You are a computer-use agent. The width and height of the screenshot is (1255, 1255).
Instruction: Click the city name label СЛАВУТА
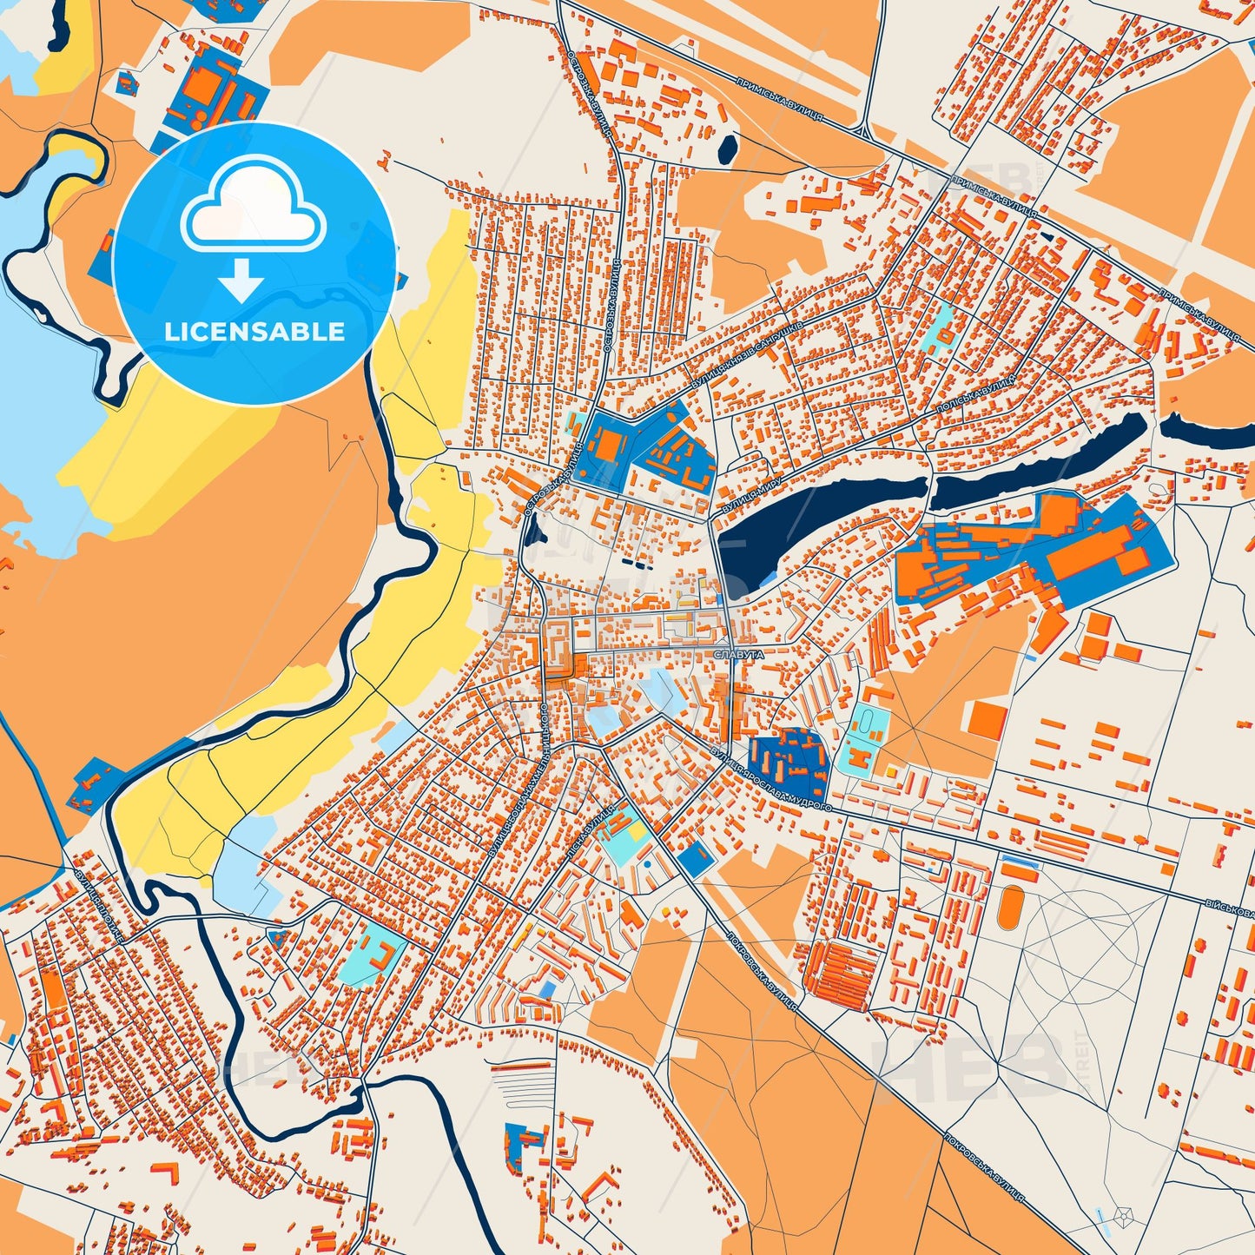(x=739, y=655)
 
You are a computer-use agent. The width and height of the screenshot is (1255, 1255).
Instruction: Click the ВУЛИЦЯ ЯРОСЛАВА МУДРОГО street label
(x=771, y=778)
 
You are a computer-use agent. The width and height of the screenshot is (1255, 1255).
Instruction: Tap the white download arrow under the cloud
(x=241, y=280)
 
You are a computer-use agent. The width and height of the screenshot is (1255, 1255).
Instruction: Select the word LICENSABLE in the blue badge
(x=254, y=331)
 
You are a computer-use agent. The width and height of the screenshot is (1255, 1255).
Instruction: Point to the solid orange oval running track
(x=1009, y=907)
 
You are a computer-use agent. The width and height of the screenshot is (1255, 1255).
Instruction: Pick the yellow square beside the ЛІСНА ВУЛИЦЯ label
(x=637, y=832)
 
